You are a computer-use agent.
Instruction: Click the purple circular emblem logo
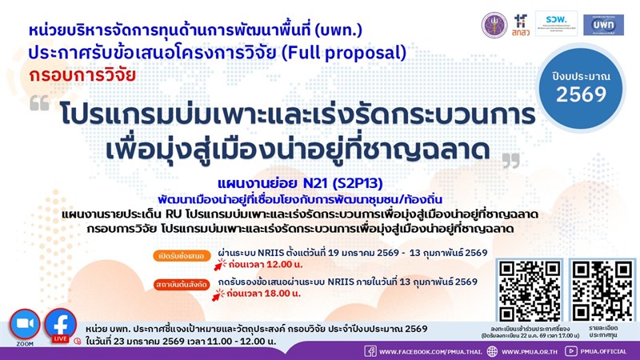[x=494, y=25]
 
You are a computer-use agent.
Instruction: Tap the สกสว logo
[x=523, y=26]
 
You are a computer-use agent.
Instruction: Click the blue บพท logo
[x=603, y=25]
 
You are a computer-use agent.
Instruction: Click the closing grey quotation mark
[x=509, y=162]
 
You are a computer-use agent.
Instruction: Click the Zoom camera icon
[x=24, y=325]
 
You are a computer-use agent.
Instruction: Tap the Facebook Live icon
[x=60, y=325]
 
